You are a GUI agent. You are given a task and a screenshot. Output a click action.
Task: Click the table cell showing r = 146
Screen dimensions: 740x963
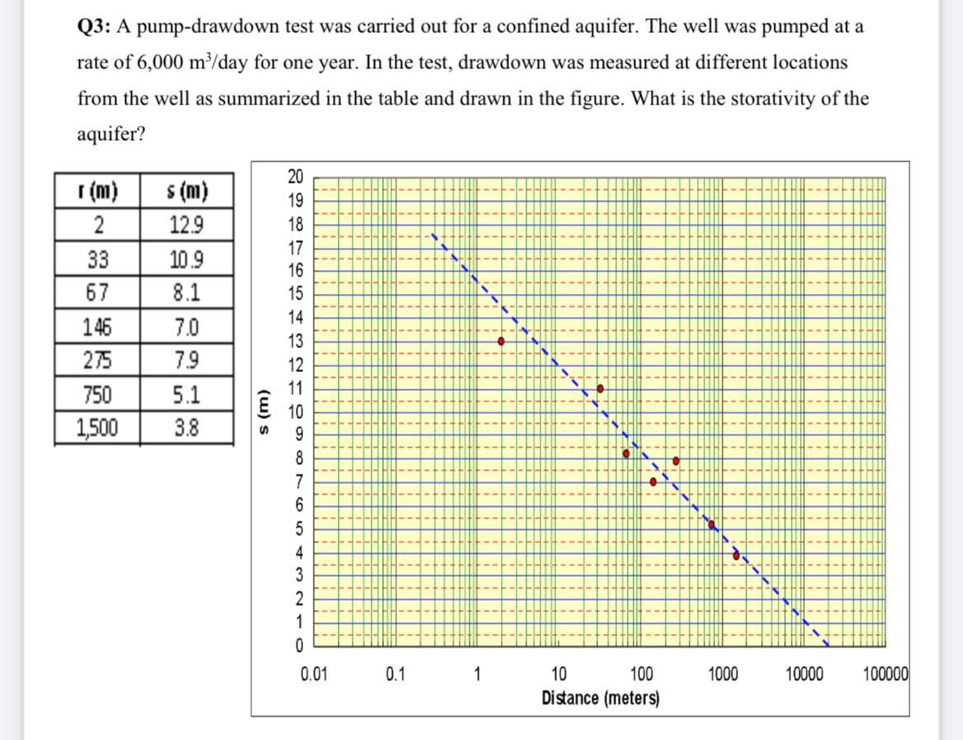click(x=97, y=328)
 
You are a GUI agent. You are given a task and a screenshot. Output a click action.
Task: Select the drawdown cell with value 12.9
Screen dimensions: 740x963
click(x=187, y=225)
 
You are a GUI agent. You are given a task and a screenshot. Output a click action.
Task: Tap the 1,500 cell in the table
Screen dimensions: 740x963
click(x=97, y=427)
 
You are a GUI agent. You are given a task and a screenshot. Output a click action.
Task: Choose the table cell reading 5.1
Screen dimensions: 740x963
click(x=187, y=395)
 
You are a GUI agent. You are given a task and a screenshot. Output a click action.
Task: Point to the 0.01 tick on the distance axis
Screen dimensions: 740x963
click(x=313, y=675)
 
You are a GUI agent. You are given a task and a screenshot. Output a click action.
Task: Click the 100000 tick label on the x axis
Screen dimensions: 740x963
click(x=886, y=675)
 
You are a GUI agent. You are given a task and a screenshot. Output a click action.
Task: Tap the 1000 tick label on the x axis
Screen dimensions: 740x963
click(x=722, y=675)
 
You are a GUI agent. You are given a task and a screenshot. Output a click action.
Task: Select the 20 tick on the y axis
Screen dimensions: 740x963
click(x=295, y=176)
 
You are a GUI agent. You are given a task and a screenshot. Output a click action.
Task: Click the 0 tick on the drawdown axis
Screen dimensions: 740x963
click(x=298, y=643)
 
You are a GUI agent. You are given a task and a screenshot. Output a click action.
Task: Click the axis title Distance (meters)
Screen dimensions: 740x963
click(x=601, y=698)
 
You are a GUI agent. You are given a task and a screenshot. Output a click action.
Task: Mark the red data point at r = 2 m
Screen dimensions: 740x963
click(x=501, y=341)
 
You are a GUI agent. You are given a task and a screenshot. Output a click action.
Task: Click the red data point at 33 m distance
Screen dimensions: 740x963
click(x=601, y=388)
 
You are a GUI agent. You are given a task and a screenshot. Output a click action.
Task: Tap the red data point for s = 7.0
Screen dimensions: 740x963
click(x=653, y=482)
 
